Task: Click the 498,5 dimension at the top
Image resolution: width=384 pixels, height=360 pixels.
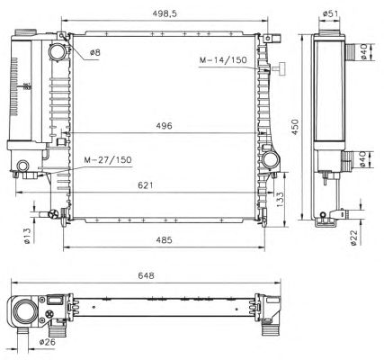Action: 165,13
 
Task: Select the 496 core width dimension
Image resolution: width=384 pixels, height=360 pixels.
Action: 164,126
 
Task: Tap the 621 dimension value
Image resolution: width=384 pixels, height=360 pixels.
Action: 145,185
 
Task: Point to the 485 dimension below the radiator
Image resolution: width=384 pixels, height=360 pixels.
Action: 164,240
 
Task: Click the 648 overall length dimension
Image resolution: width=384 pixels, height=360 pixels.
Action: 146,275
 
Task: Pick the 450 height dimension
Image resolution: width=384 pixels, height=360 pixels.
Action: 296,127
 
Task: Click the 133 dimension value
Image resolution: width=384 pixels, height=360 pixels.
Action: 280,200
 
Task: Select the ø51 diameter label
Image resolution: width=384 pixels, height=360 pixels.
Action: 330,13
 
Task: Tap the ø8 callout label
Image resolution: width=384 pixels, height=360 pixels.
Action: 95,53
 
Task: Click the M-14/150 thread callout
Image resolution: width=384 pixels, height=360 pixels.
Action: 223,60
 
